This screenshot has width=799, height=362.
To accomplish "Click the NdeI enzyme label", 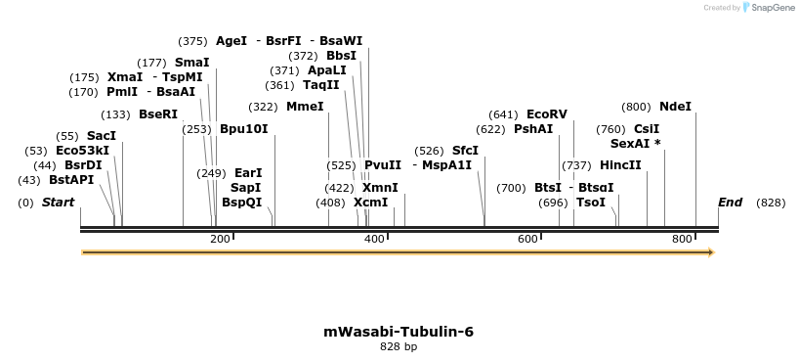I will click(675, 107).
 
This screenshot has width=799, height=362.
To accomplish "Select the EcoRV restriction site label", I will click(546, 114).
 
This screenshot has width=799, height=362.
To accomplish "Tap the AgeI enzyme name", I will click(231, 41).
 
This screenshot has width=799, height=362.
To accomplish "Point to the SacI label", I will click(101, 136).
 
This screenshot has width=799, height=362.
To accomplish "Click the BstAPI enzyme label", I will click(71, 180).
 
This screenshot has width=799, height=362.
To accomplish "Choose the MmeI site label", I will click(305, 107).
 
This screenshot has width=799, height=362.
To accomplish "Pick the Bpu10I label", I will click(243, 129).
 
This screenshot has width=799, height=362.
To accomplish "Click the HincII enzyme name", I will click(620, 165).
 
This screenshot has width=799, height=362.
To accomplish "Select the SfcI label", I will click(465, 151).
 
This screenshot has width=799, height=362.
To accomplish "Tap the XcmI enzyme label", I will click(370, 203).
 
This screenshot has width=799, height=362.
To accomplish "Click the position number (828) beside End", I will click(771, 203).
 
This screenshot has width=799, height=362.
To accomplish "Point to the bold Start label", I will click(58, 203).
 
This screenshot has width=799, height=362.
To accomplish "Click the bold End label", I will click(730, 203).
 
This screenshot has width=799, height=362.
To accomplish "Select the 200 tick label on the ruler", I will click(220, 239).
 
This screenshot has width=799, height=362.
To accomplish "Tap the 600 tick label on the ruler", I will click(527, 239).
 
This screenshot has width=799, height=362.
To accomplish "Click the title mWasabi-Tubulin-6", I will click(399, 332).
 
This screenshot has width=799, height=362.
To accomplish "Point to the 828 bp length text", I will click(399, 346).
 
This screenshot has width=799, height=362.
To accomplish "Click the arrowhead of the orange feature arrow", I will click(711, 252).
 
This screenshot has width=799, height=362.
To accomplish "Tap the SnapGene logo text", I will click(772, 8).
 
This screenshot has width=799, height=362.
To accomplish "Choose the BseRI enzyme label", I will click(158, 114).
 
